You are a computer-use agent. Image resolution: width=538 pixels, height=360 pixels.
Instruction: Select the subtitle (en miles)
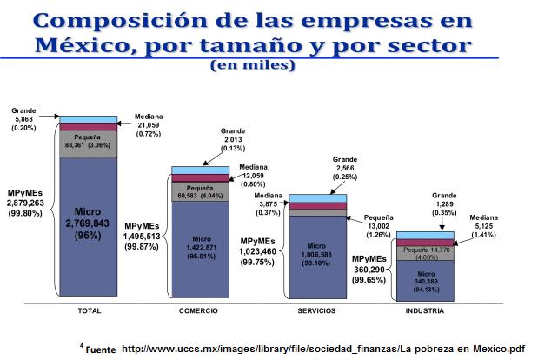pyautogui.click(x=252, y=64)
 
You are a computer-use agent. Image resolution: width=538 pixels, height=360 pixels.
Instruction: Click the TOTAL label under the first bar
pyautogui.click(x=90, y=310)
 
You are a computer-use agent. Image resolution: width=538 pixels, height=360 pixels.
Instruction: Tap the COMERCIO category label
pyautogui.click(x=198, y=310)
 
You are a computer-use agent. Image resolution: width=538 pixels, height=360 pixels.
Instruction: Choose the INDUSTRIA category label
pyautogui.click(x=425, y=310)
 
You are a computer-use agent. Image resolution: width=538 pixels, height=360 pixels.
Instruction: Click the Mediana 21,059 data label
pyautogui.click(x=149, y=127)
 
